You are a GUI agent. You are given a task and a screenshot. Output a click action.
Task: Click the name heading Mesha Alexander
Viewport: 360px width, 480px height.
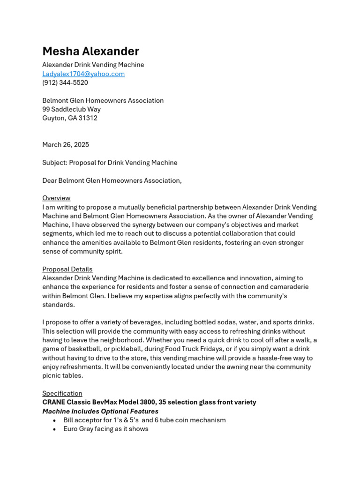point(90,51)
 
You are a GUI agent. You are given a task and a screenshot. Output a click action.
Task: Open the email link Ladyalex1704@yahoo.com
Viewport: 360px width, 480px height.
point(83,74)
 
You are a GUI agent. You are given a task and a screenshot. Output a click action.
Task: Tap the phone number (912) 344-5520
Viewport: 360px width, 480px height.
point(65,82)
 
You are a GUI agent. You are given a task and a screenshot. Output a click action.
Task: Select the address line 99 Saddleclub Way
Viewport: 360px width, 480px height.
point(71,109)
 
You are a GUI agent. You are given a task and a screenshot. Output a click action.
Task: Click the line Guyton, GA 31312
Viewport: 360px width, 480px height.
point(70,118)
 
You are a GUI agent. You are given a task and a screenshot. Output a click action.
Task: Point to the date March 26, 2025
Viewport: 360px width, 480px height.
point(66,145)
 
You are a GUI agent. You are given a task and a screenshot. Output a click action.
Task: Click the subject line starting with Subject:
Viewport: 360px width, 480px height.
point(110,163)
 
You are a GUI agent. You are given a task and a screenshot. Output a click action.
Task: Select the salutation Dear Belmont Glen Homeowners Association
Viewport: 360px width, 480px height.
point(112,180)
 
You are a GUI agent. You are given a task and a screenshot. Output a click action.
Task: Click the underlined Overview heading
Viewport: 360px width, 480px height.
point(56,198)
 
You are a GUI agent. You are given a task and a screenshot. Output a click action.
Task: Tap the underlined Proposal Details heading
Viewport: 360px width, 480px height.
point(67,270)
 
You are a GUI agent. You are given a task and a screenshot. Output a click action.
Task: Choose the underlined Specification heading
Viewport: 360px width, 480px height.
point(62,393)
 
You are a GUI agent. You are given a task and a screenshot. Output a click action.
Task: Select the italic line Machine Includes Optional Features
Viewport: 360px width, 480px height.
point(100,411)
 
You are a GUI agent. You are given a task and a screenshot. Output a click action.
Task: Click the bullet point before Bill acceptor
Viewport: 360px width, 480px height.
point(54,420)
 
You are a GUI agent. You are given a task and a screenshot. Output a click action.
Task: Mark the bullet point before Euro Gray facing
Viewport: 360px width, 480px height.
point(54,429)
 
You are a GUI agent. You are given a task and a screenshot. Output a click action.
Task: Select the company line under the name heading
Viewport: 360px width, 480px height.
point(93,65)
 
